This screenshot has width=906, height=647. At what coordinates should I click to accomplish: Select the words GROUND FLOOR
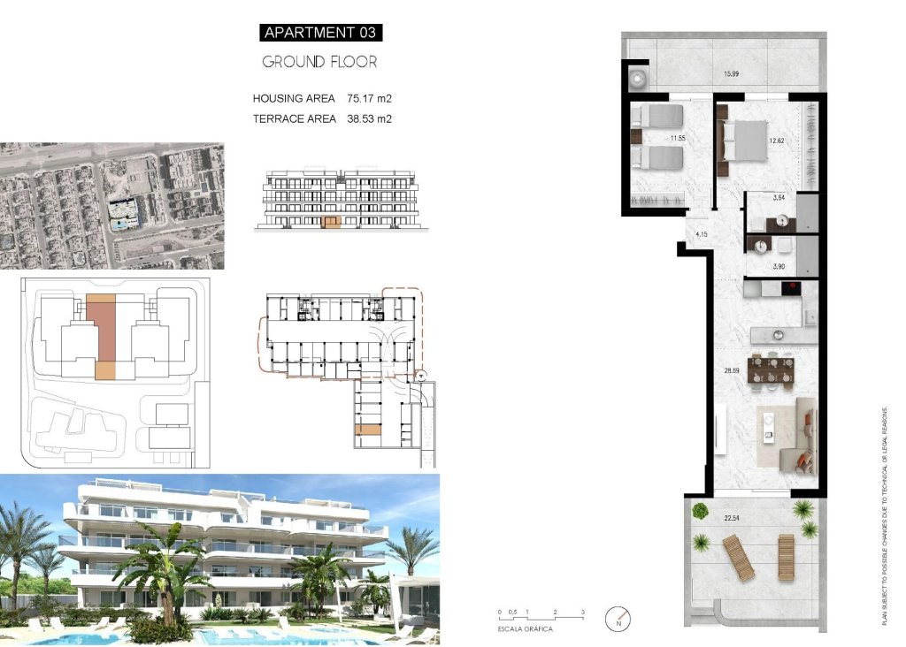tap(320, 62)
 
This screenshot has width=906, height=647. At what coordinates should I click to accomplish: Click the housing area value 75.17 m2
tap(370, 98)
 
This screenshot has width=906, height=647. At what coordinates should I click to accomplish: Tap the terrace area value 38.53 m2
tap(370, 118)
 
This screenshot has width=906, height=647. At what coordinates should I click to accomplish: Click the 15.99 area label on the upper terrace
tap(731, 73)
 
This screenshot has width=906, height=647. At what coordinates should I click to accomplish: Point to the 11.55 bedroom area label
tap(679, 138)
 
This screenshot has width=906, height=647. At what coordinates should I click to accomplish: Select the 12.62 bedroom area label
tap(778, 140)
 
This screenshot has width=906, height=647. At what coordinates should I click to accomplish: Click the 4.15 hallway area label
tap(703, 234)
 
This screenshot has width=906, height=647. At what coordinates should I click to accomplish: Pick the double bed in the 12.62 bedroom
tap(744, 141)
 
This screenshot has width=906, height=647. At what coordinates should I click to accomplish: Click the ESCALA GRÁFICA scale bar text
tap(526, 628)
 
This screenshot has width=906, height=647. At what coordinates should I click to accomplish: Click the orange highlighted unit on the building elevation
tap(331, 222)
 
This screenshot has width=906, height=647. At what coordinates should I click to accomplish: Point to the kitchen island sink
tap(779, 335)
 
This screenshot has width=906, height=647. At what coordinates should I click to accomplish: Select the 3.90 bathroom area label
tap(779, 266)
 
